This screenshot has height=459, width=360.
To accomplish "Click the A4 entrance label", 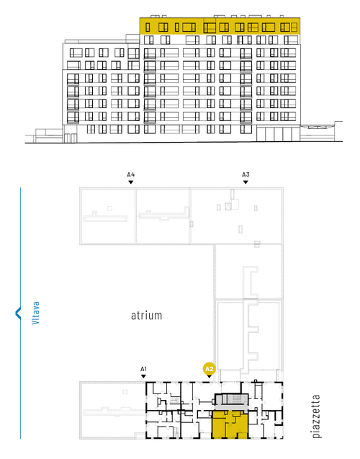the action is [131, 174].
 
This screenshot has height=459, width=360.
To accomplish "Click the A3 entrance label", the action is [246, 174].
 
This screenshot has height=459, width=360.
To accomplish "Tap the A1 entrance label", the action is [143, 369].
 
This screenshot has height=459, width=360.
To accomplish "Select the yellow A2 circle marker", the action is [209, 369].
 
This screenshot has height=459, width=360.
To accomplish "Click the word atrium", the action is [146, 316].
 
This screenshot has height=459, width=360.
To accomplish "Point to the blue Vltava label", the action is [35, 313].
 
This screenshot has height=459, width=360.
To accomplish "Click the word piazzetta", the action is [316, 416].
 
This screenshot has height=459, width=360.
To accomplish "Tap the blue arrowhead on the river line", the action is [18, 313].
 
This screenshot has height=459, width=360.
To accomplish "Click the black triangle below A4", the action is [131, 182].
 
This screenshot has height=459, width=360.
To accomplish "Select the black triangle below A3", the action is [246, 182].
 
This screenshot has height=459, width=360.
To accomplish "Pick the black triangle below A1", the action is [143, 376].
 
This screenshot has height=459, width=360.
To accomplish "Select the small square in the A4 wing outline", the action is [109, 208].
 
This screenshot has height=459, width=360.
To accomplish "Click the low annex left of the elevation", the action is [49, 135].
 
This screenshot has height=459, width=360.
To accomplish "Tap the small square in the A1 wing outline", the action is [125, 392].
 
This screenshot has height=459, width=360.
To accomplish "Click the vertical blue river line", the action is [20, 313].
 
